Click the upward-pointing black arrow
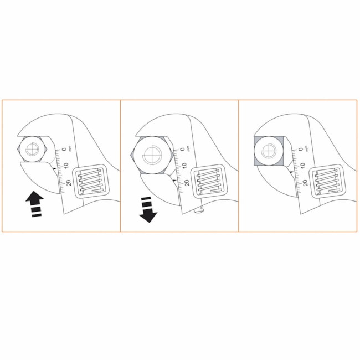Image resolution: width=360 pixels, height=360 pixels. tap(35, 203)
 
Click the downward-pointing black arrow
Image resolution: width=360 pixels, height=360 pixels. tap(148, 210)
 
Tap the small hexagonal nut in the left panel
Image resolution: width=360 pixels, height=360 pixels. tap(32, 150)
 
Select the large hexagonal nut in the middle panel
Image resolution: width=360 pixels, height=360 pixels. tap(152, 155)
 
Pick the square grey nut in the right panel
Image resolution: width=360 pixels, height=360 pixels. tap(269, 151)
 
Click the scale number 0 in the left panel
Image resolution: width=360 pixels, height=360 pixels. tap(64, 149)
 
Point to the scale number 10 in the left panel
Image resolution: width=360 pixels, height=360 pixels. tap(66, 165)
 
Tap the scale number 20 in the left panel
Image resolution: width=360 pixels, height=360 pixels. tap(69, 183)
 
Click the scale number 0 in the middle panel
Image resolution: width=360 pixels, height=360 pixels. tap(182, 149)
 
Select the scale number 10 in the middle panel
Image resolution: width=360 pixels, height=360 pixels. tap(184, 165)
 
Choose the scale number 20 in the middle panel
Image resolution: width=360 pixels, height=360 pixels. tap(187, 183)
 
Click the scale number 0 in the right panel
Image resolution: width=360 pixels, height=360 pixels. tap(300, 149)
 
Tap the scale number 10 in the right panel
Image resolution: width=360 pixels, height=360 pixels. tap(302, 165)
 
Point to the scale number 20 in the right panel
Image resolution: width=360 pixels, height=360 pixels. tap(305, 183)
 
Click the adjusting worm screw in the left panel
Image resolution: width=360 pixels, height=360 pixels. tap(91, 181)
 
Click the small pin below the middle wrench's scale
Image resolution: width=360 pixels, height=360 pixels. tap(199, 210)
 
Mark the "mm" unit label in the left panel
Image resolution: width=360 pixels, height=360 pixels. tap(70, 148)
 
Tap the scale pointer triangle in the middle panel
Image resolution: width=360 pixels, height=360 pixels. tap(173, 181)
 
